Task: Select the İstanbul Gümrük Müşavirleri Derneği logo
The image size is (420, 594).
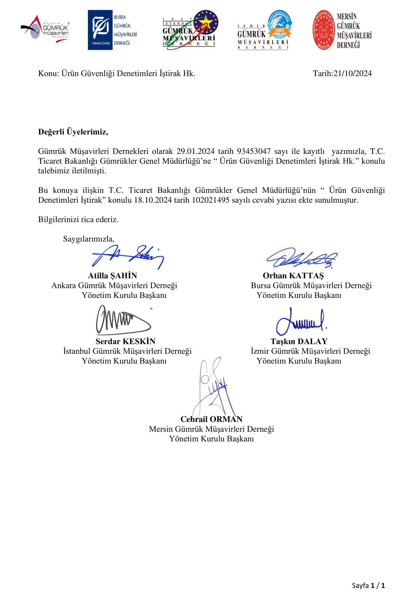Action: point(190,30)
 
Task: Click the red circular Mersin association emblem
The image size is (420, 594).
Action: point(323,30)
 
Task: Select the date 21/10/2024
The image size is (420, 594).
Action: point(352,73)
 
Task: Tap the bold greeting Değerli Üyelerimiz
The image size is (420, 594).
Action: point(73,132)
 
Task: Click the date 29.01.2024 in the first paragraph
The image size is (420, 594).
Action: point(195,151)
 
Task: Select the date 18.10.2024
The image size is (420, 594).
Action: point(153,200)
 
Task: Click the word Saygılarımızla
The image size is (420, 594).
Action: point(88,238)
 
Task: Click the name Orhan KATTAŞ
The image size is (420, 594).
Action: point(293,276)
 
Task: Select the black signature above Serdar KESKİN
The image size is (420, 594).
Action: point(123,320)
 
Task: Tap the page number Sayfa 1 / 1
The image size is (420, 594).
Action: point(368,585)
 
